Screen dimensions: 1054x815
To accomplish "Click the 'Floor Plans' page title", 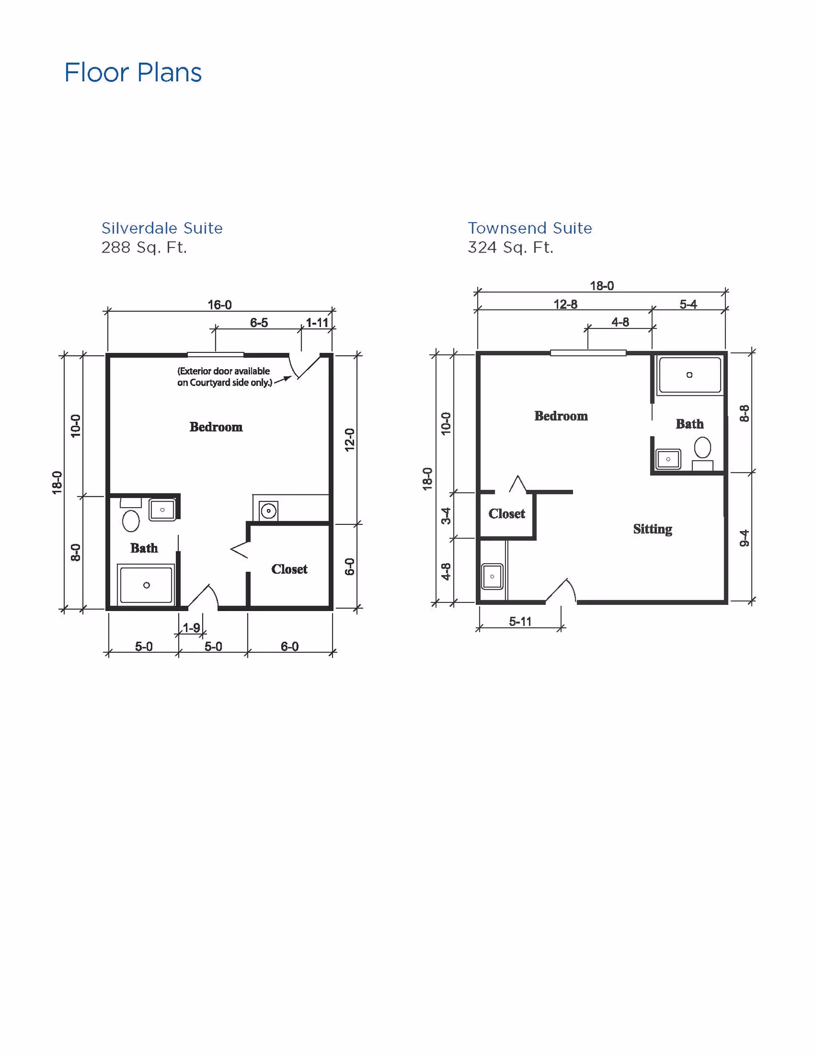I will click(x=133, y=72).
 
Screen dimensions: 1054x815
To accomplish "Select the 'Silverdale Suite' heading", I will click(x=162, y=228).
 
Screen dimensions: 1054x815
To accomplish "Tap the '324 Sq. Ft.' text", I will click(x=510, y=247).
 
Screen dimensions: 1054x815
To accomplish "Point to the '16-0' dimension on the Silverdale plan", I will click(x=220, y=304).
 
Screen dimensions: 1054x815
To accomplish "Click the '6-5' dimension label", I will click(x=259, y=323).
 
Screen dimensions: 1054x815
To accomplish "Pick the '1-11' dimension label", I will click(x=317, y=323).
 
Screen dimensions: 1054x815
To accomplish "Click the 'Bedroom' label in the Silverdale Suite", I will click(x=216, y=427).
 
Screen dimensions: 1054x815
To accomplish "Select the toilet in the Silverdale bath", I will click(x=131, y=520).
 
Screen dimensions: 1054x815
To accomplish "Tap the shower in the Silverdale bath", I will click(x=146, y=585).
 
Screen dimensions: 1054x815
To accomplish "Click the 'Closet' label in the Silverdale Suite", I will click(x=289, y=569).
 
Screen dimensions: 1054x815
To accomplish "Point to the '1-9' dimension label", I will click(x=192, y=628).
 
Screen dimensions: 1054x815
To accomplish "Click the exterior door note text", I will click(x=224, y=377).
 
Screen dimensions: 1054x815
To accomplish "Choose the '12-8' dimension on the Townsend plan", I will click(x=565, y=304).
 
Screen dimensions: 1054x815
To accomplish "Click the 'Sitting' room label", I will click(x=653, y=529).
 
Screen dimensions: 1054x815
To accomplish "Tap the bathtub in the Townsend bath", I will click(x=690, y=375).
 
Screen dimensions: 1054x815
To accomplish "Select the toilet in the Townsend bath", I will click(x=702, y=448).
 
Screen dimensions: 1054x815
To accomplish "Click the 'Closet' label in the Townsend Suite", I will click(x=506, y=514).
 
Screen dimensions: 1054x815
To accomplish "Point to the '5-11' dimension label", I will click(x=520, y=622).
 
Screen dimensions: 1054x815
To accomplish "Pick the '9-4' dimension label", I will click(x=744, y=538).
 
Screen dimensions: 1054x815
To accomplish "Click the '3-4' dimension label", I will click(x=446, y=515).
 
